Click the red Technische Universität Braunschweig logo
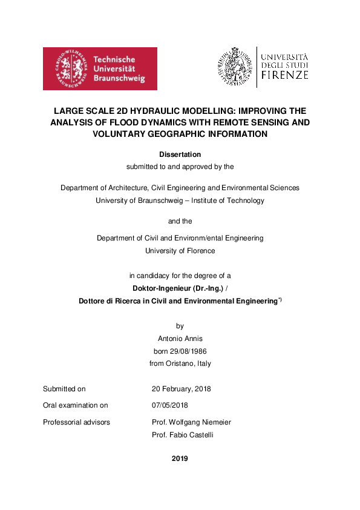pos(100,68)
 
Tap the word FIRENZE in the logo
pos(284,76)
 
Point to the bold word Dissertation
pos(180,154)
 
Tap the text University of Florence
pos(180,250)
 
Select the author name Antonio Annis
pos(180,338)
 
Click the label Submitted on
pos(64,389)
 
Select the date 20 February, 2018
pos(181,389)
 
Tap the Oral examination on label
pos(75,405)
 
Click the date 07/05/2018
pos(170,405)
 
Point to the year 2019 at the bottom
pos(180,459)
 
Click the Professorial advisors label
pos(76,422)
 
